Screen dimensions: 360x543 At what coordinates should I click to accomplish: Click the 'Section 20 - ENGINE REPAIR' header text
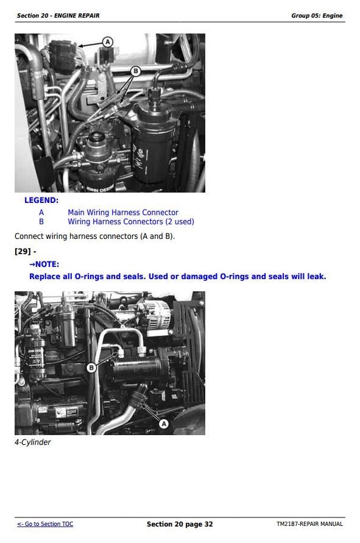58,16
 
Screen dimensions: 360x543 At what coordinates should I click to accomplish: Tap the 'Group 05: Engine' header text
317,16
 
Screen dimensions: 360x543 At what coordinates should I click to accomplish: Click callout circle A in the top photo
108,42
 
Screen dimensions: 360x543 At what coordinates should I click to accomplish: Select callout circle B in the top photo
135,71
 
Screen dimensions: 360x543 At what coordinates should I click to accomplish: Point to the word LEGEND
41,200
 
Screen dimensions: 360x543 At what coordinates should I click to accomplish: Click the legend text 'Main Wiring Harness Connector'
123,212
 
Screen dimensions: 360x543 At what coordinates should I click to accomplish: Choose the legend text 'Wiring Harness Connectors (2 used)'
131,222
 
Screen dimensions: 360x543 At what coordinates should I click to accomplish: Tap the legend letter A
41,212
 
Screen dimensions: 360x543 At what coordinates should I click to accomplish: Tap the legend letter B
41,222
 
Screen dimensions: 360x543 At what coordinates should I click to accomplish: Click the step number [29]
23,251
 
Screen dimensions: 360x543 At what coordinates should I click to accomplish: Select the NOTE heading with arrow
44,264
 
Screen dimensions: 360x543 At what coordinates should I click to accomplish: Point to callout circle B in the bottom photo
91,367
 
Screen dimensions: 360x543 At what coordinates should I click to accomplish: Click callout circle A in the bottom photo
164,424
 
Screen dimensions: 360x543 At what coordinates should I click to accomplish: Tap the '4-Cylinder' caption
32,442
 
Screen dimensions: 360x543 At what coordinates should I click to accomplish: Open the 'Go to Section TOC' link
45,524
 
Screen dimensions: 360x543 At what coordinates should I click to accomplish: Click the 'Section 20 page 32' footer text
180,524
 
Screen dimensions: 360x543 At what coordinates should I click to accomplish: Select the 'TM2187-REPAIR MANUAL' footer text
310,524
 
